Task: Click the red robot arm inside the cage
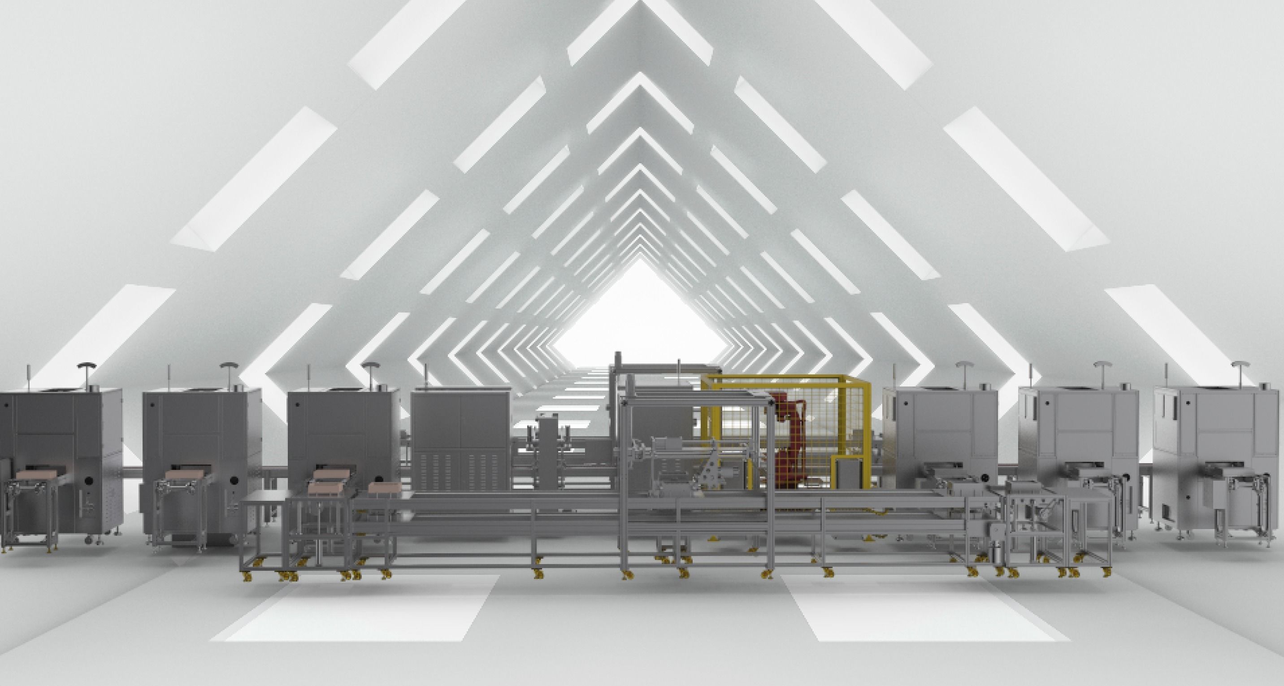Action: [789, 439]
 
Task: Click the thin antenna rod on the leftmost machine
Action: [28, 376]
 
